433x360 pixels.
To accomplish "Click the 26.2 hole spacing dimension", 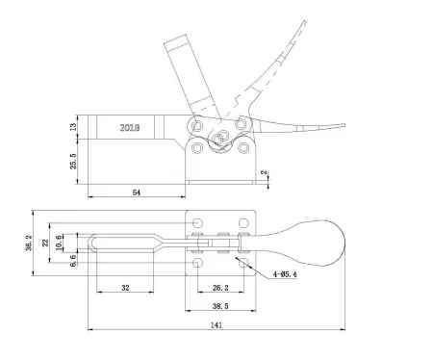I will click(x=220, y=287).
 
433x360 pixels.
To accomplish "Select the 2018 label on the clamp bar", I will click(x=130, y=127).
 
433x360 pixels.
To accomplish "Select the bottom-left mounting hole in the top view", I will click(x=198, y=262).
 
